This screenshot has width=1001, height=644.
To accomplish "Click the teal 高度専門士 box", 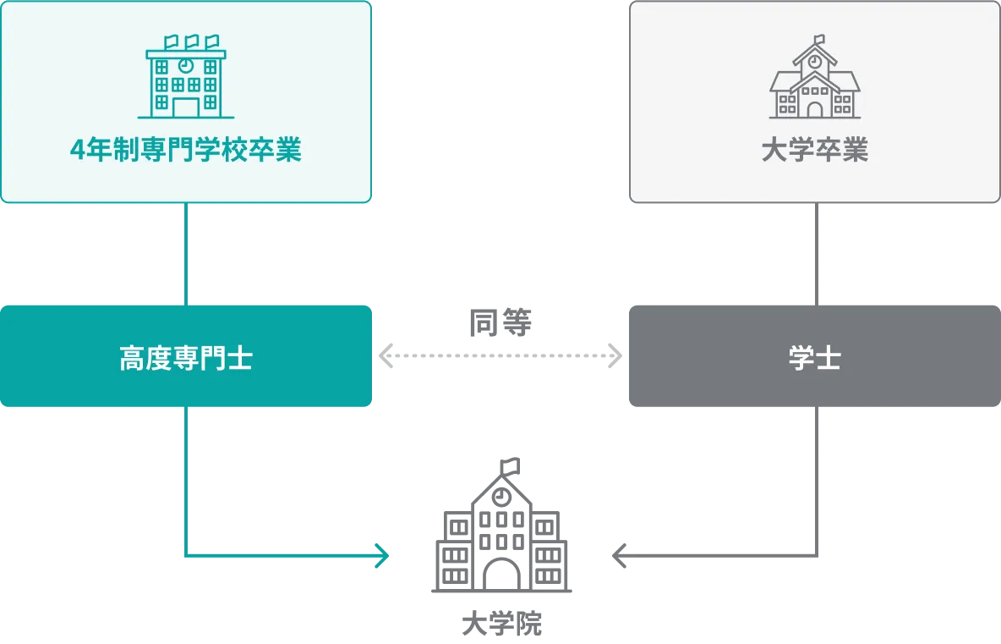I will [186, 358].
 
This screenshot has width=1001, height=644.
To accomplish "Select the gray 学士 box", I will [814, 358].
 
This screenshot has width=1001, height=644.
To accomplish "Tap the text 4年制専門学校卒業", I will [186, 151].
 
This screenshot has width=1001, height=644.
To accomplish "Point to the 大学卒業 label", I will [814, 151].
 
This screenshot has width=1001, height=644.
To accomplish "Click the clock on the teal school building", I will [186, 65].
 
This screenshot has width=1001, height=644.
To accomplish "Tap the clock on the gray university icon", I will [814, 61].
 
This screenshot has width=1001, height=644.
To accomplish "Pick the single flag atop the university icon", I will [818, 39].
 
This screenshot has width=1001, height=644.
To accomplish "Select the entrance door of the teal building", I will [186, 107].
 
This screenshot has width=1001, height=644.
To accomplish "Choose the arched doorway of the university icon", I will [814, 108].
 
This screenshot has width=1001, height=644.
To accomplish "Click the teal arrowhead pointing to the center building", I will [383, 556].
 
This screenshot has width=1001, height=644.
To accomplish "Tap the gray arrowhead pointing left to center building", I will [616, 556].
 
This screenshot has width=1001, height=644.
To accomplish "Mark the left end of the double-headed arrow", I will [388, 355].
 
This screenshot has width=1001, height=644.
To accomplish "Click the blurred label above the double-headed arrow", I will [500, 322].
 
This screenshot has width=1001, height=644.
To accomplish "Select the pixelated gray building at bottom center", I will [502, 542].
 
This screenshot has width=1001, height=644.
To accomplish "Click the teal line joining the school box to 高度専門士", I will [186, 254].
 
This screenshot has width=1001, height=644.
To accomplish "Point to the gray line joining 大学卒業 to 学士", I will [814, 254].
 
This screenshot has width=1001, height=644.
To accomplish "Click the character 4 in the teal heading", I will [78, 151].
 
